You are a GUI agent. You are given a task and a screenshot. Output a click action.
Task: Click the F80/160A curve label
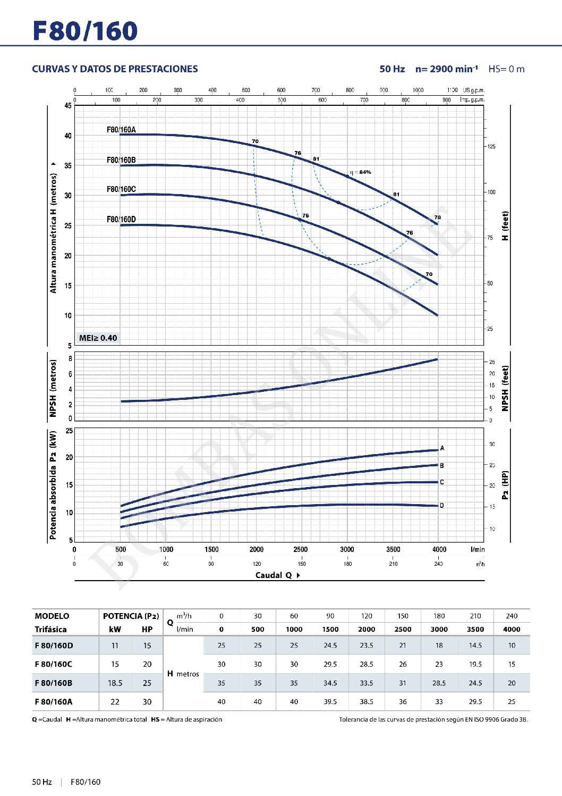[121, 129]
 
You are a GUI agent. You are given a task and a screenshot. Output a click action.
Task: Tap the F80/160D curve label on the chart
[121, 219]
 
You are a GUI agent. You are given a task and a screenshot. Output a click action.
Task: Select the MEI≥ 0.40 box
[98, 338]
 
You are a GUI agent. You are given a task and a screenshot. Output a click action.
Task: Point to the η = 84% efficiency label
[361, 172]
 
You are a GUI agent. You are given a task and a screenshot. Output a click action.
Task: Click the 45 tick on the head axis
[68, 105]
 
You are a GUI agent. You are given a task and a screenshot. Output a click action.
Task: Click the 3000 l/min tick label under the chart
[347, 549]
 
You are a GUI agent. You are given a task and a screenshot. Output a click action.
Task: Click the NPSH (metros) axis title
[53, 388]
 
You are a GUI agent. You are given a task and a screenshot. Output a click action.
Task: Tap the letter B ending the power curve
[442, 465]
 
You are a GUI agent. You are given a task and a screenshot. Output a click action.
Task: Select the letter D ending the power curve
[442, 506]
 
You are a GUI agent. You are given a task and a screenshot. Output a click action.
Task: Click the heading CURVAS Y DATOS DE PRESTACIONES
[115, 69]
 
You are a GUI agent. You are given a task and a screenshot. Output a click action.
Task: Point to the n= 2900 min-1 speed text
[446, 69]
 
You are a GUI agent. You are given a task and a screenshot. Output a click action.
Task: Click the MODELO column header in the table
[52, 616]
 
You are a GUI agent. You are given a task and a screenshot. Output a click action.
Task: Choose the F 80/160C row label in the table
[54, 664]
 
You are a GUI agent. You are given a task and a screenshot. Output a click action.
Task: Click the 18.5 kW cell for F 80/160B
[115, 683]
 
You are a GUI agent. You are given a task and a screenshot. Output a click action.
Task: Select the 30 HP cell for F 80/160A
[147, 701]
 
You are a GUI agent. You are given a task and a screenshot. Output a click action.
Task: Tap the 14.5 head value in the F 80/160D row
[475, 645]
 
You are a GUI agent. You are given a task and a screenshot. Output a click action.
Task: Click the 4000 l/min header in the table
[512, 629]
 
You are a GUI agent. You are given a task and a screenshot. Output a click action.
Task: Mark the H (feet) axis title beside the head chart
[505, 226]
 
